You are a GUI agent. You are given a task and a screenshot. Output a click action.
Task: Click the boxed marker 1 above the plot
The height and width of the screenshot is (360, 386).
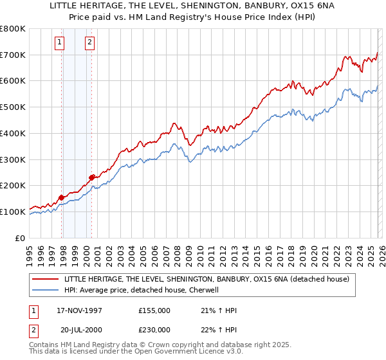(x=59, y=43)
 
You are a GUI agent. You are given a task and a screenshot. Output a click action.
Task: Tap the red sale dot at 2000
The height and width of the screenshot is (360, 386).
(x=92, y=177)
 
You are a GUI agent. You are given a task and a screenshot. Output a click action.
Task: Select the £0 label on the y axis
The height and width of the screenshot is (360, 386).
(x=21, y=238)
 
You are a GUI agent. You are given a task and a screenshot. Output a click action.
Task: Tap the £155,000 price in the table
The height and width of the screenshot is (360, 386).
(x=155, y=310)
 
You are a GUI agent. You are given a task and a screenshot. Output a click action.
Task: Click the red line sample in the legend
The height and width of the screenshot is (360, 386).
(x=44, y=279)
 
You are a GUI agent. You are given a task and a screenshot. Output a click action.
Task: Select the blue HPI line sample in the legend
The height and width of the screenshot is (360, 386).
(x=44, y=291)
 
